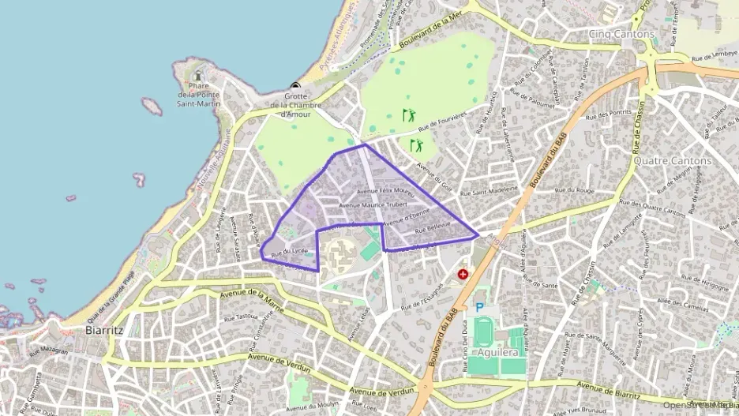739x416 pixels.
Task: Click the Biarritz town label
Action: [x=103, y=331]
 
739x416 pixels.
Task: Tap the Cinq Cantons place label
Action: [x=621, y=34]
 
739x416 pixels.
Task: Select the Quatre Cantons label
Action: [x=672, y=160]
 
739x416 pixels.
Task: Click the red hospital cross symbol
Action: [x=463, y=275]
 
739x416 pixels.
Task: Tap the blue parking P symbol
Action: [x=479, y=307]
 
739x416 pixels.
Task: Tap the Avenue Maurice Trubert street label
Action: [x=373, y=205]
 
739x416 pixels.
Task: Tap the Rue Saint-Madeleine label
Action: [x=489, y=191]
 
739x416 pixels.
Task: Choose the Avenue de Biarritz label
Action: [x=607, y=388]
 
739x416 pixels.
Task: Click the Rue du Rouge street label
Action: [x=574, y=190]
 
